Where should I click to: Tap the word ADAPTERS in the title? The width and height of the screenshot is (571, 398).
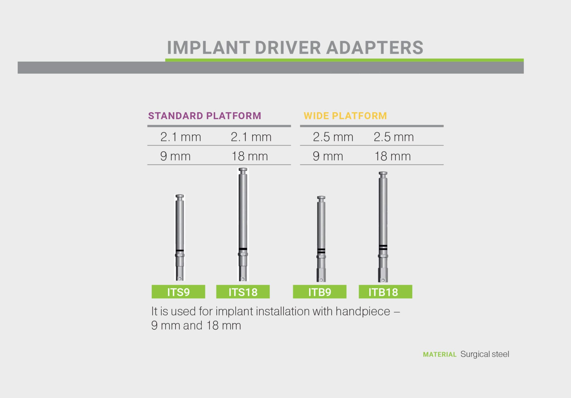374,48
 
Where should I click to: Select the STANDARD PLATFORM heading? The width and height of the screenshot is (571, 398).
204,116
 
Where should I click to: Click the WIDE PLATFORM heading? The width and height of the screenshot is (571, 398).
345,116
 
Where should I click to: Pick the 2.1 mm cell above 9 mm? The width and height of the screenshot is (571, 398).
180,137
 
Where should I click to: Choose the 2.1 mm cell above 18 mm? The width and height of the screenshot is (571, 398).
251,137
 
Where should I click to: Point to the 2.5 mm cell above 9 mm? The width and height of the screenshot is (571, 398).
333,137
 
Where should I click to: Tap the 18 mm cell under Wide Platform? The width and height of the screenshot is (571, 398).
392,156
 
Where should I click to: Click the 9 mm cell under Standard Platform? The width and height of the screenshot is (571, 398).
175,156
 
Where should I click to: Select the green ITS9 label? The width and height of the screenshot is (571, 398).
178,292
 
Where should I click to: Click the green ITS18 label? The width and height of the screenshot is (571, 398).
243,292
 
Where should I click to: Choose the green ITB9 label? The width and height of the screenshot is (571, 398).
320,292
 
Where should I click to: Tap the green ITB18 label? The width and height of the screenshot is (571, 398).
385,292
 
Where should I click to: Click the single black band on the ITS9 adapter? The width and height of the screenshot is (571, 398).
180,250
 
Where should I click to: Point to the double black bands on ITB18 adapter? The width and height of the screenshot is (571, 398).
383,247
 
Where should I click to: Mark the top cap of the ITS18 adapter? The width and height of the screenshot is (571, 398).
243,170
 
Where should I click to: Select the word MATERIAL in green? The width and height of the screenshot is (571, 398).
439,354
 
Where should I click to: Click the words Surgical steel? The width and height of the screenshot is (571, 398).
485,354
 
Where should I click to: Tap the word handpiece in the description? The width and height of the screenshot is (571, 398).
362,311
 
